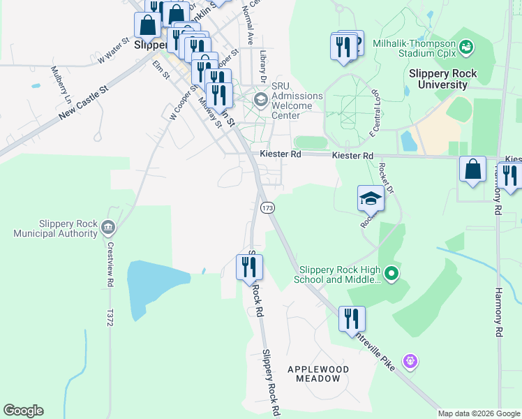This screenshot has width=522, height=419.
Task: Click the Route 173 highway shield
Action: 267,208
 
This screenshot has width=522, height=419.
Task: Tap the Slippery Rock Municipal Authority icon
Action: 108,226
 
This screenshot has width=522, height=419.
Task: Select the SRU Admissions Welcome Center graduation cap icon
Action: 261,99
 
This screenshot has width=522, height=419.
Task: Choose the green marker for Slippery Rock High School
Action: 391,273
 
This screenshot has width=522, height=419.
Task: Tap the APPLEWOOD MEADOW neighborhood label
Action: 318,373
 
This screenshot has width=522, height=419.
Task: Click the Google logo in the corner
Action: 23,411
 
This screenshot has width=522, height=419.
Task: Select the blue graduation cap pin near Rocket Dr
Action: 371,199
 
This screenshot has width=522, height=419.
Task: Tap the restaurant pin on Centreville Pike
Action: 352,318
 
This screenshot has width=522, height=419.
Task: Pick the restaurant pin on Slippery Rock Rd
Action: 248,266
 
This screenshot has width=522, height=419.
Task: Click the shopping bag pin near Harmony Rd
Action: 472,170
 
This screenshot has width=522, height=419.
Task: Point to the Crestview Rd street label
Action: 110,265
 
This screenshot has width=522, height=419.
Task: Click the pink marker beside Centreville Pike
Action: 410,361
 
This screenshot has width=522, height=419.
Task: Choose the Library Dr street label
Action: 263,64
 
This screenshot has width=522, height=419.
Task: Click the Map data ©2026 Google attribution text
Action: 479,413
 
